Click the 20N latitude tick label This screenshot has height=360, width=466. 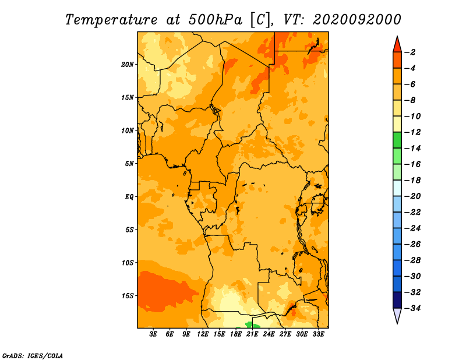(128, 65)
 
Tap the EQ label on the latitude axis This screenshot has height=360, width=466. (129, 197)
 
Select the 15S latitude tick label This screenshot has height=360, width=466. (128, 296)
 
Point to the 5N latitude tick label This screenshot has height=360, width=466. (129, 164)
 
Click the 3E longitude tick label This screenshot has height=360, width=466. (153, 334)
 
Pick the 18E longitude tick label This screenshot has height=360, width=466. (236, 334)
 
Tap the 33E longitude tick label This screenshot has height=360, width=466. (318, 334)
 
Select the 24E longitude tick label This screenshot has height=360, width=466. (269, 334)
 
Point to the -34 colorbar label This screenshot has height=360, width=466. (412, 308)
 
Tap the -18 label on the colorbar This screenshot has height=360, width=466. (412, 181)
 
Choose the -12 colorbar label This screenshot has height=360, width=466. (412, 132)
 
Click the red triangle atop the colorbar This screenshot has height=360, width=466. (397, 45)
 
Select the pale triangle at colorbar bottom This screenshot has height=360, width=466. (397, 315)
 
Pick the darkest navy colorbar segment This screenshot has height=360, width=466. (397, 300)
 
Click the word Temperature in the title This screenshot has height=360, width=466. (111, 20)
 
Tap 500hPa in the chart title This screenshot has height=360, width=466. (215, 20)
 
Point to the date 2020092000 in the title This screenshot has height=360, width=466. (356, 20)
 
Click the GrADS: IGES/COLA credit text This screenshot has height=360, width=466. (33, 356)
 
